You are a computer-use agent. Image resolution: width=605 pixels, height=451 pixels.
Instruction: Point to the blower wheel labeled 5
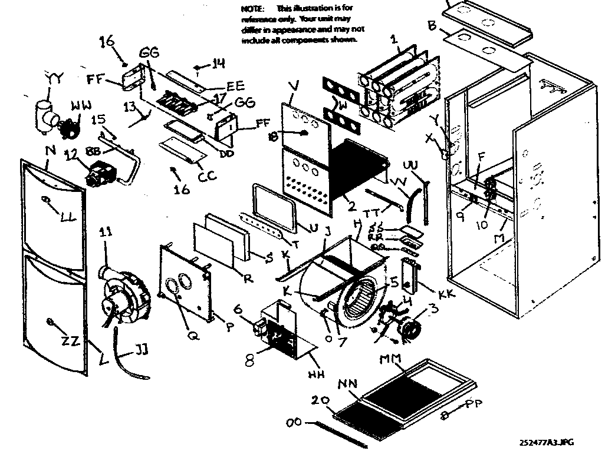coord(361,300)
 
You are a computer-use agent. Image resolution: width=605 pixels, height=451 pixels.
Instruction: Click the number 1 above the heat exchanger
coord(394,41)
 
